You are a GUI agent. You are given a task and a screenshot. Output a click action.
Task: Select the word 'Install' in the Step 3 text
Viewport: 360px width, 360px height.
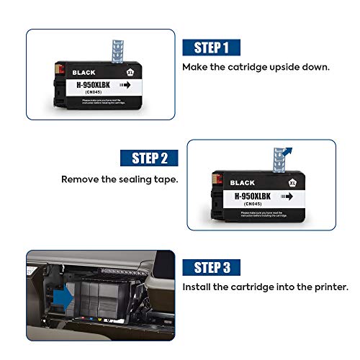coord(198,287)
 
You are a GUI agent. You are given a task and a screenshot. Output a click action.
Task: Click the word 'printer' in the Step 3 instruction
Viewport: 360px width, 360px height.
coord(330,287)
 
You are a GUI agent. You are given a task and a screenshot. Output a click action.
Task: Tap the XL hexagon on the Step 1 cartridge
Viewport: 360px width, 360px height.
coord(130,73)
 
